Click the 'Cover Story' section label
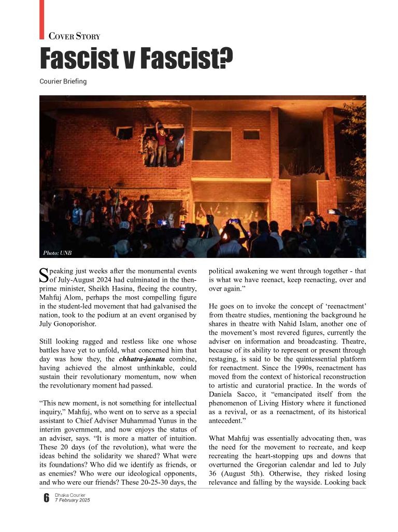tap(74, 36)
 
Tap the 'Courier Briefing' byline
tap(63, 81)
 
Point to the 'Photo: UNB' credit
tap(57, 253)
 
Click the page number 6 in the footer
tap(46, 498)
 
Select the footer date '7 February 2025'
tap(72, 500)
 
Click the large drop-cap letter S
tap(44, 275)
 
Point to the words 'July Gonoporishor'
tap(68, 324)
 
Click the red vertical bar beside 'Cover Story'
tap(41, 19)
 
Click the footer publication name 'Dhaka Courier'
tap(70, 495)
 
